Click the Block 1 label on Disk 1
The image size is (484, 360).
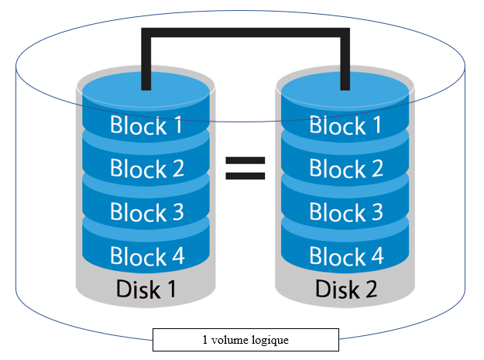coord(146,125)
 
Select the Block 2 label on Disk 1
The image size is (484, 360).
coord(146,168)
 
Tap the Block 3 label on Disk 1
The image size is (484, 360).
coord(146,211)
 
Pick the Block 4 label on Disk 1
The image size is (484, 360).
coord(146,255)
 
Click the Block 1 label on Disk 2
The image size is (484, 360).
coord(345,125)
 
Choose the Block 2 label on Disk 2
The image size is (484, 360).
coord(345,168)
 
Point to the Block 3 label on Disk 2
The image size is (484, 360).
coord(345,211)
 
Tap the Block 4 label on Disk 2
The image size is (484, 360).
coord(345,255)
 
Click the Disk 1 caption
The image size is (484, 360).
coord(146,290)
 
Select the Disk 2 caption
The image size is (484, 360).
coord(345,290)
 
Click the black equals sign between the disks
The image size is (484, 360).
coord(245,168)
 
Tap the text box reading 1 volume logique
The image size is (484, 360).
coord(245,339)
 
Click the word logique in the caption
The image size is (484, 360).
coord(272,340)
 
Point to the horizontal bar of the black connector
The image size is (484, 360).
coord(245,32)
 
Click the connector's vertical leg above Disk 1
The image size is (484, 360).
coord(145,58)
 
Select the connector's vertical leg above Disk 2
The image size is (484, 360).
coord(345,58)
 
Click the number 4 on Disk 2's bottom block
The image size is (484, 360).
coord(376,255)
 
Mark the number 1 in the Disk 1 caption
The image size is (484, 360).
coord(173,290)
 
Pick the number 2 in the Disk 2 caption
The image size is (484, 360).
coord(372,290)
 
